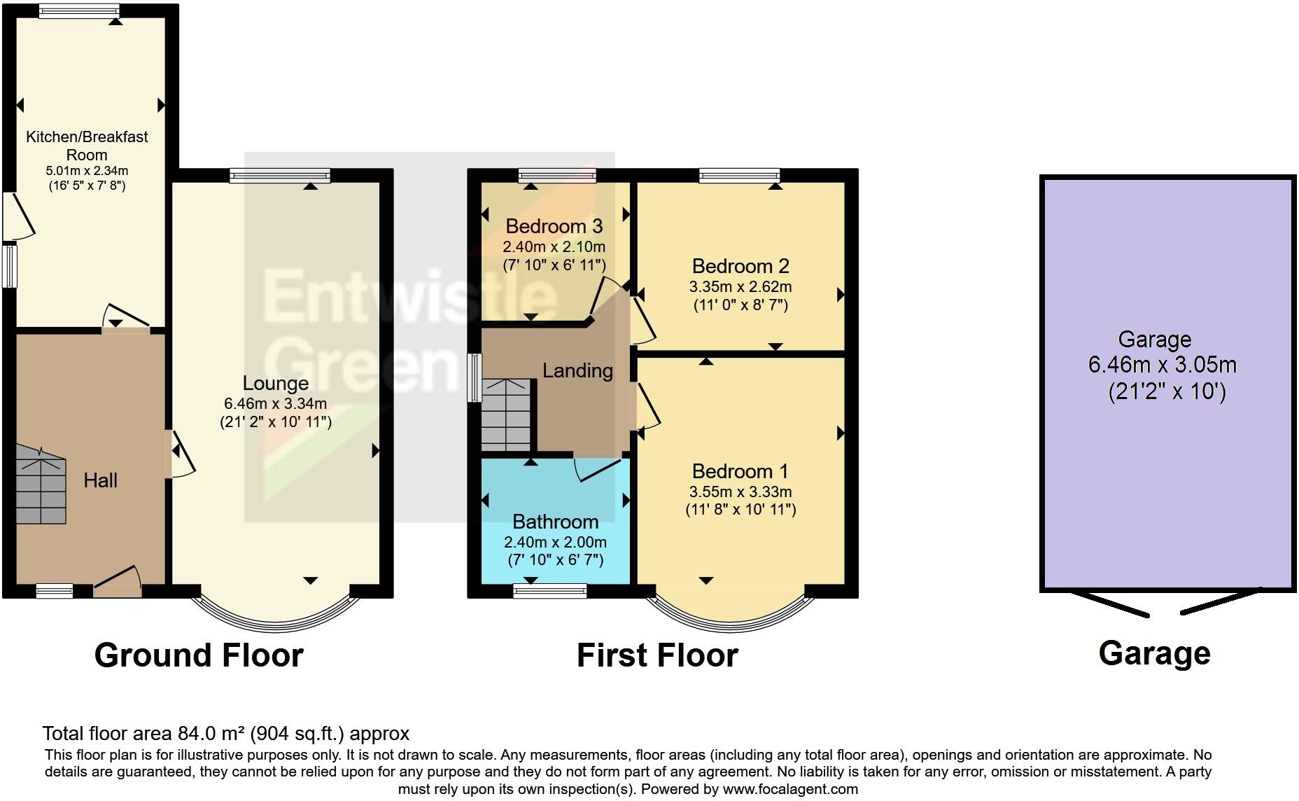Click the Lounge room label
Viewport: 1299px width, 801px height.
click(x=275, y=383)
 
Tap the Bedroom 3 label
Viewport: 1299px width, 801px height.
click(x=554, y=226)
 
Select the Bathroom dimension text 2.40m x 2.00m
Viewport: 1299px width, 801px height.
click(x=555, y=542)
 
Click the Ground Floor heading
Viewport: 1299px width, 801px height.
click(x=199, y=655)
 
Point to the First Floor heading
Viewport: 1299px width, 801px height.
click(x=657, y=655)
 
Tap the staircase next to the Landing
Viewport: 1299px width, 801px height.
click(x=505, y=415)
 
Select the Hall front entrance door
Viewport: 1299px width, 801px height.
click(x=118, y=583)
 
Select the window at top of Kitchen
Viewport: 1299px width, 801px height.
click(x=78, y=11)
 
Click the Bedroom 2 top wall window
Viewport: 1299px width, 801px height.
click(x=739, y=175)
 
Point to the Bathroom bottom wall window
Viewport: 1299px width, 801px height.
click(x=549, y=592)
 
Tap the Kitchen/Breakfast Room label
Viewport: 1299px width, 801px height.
click(x=87, y=145)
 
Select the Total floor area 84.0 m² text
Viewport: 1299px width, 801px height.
click(x=225, y=733)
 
